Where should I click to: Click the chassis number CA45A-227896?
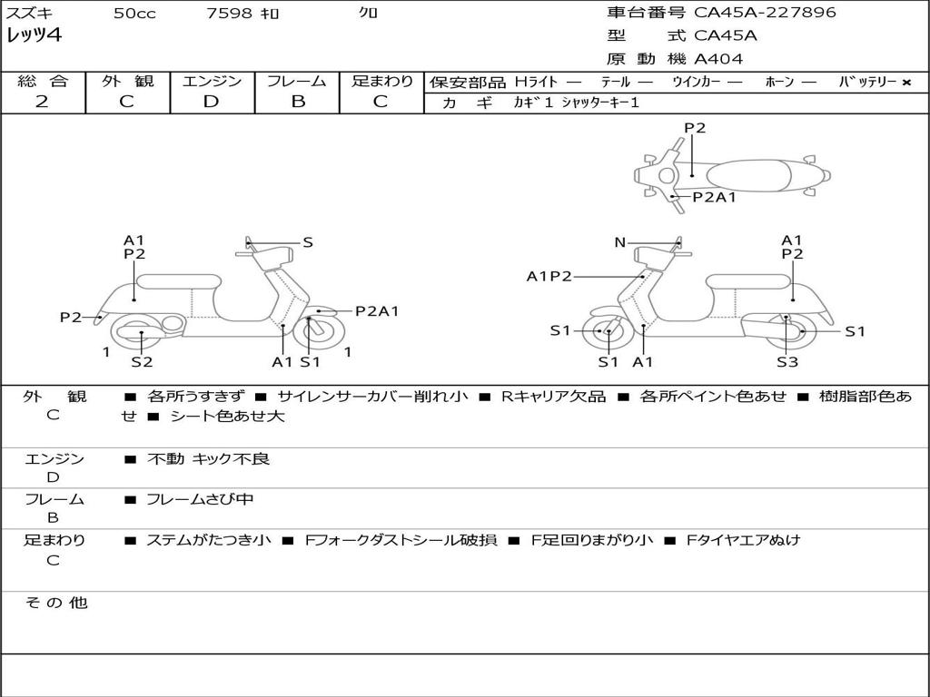click(765, 13)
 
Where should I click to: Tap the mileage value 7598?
click(229, 13)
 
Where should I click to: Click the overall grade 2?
click(42, 102)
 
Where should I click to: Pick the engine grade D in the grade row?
click(211, 102)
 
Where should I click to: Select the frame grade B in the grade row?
click(298, 102)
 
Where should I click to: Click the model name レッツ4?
click(34, 35)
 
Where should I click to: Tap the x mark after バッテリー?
click(906, 83)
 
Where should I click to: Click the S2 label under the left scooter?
click(142, 361)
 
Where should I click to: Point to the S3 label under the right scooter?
click(787, 361)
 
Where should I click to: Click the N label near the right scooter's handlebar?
click(619, 242)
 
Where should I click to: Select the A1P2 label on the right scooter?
click(549, 276)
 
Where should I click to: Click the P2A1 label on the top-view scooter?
click(714, 197)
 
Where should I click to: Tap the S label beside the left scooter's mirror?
click(307, 242)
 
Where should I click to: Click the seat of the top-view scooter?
click(748, 175)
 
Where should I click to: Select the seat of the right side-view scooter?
click(748, 282)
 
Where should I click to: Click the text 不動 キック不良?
click(208, 458)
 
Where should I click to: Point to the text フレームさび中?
click(200, 499)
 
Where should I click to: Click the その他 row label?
click(56, 603)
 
